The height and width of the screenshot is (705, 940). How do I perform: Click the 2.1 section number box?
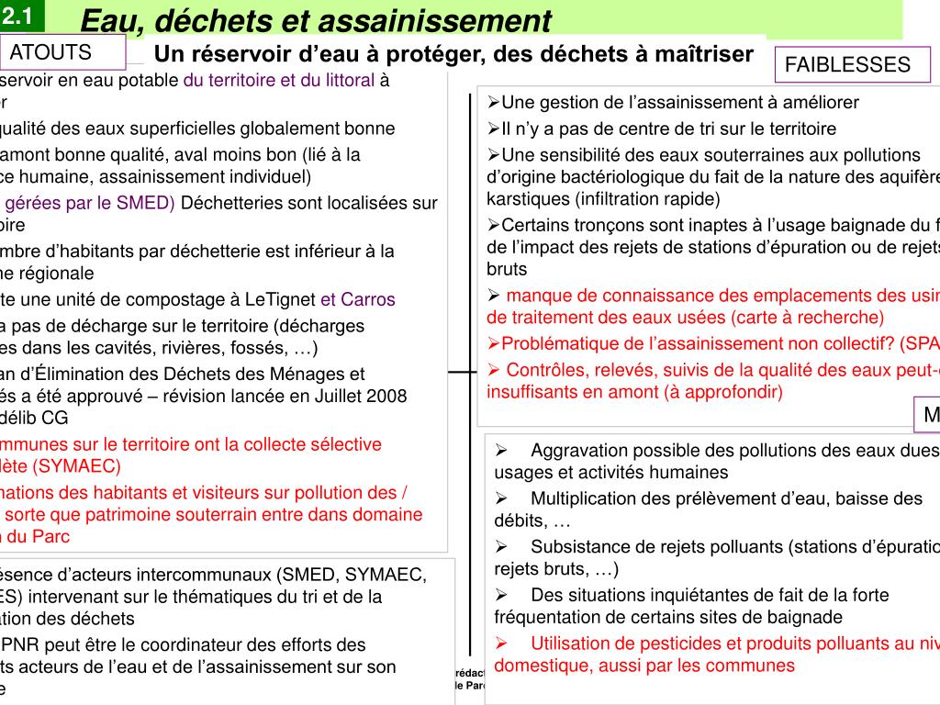click(17, 16)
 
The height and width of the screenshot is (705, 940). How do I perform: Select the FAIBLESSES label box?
click(847, 64)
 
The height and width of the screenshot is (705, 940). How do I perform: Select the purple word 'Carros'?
click(368, 299)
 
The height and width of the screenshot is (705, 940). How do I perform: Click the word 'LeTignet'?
click(280, 299)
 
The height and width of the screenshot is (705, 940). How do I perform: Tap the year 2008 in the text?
click(386, 396)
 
